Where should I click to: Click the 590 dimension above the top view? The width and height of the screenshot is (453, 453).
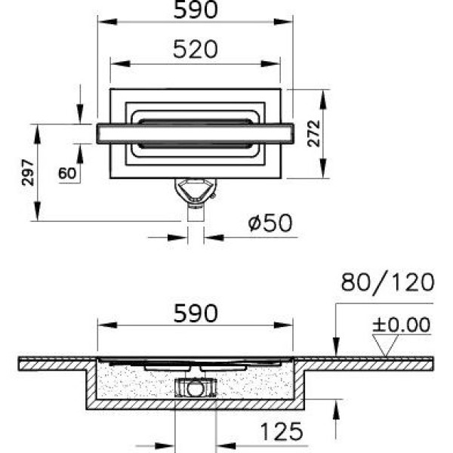[196, 10]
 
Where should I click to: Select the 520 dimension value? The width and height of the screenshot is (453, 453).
[196, 49]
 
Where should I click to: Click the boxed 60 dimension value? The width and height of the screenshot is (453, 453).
[67, 173]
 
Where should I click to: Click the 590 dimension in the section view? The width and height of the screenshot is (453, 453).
[196, 313]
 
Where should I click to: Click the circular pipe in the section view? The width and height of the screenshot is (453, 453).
[196, 390]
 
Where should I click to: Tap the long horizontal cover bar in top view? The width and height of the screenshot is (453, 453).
[194, 131]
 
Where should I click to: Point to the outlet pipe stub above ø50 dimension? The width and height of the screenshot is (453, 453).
[196, 214]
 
